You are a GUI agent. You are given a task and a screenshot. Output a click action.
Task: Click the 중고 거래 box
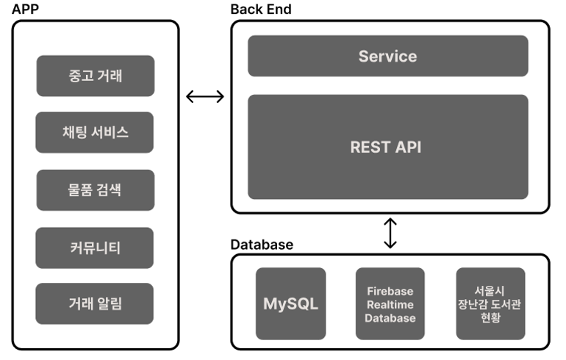(x=95, y=76)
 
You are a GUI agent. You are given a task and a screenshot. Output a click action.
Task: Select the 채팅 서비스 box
(x=95, y=132)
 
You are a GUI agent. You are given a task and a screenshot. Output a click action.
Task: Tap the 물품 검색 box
(x=95, y=190)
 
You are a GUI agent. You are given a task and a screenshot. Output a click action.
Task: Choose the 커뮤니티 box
(x=95, y=248)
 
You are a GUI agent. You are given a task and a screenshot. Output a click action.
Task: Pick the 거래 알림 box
(x=95, y=303)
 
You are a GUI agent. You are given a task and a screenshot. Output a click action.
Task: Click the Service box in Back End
(x=387, y=56)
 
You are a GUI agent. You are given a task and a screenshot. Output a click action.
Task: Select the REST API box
(x=387, y=147)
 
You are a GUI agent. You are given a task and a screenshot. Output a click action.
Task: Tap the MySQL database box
(x=290, y=303)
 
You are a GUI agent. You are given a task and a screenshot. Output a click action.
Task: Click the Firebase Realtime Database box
(x=390, y=303)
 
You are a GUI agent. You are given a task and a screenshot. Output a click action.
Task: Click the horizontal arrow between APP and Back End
(x=205, y=96)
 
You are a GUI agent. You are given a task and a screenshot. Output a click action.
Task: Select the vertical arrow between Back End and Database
(x=390, y=233)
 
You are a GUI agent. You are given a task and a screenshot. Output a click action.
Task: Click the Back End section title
(x=261, y=9)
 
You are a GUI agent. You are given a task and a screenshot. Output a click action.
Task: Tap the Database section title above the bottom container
(x=262, y=245)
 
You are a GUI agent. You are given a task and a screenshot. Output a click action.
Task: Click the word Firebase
(x=390, y=291)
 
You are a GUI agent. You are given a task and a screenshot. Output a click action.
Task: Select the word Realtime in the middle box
(x=390, y=304)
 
